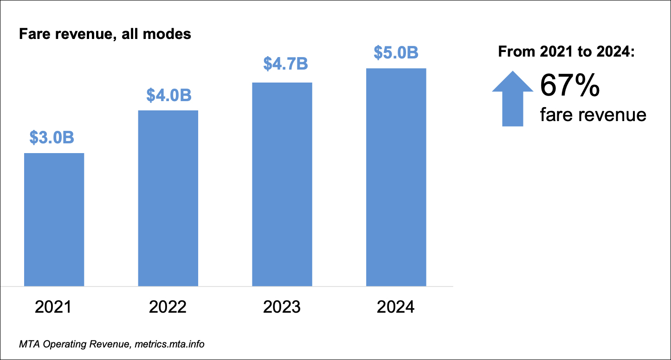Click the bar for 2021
pos(54,219)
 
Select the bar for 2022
pos(168,198)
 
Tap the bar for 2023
pos(282,184)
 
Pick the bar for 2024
pos(396,177)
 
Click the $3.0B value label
pos(52,137)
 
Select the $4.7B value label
pos(285,64)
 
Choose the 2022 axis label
pos(168,307)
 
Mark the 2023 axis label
pos(282,307)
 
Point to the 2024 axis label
pos(396,307)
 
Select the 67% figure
pos(569,87)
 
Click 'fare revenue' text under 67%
pos(593,114)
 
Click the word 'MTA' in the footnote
pos(29,345)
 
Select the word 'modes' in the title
pos(173,34)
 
